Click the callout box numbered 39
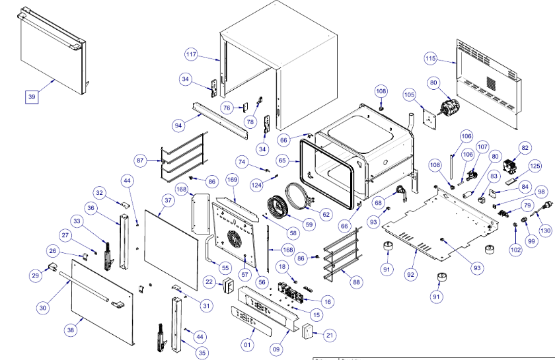[x=31, y=97]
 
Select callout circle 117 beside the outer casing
[x=192, y=54]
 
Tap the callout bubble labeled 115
[x=431, y=59]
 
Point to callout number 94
[x=178, y=124]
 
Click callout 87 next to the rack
[x=140, y=161]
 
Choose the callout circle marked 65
[x=283, y=161]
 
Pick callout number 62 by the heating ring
[x=326, y=214]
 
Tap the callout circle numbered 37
[x=168, y=199]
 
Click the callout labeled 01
[x=247, y=344]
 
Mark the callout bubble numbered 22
[x=208, y=282]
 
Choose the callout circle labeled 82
[x=525, y=148]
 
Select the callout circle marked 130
[x=544, y=231]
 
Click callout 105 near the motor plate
[x=410, y=96]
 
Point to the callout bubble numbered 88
[x=357, y=282]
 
